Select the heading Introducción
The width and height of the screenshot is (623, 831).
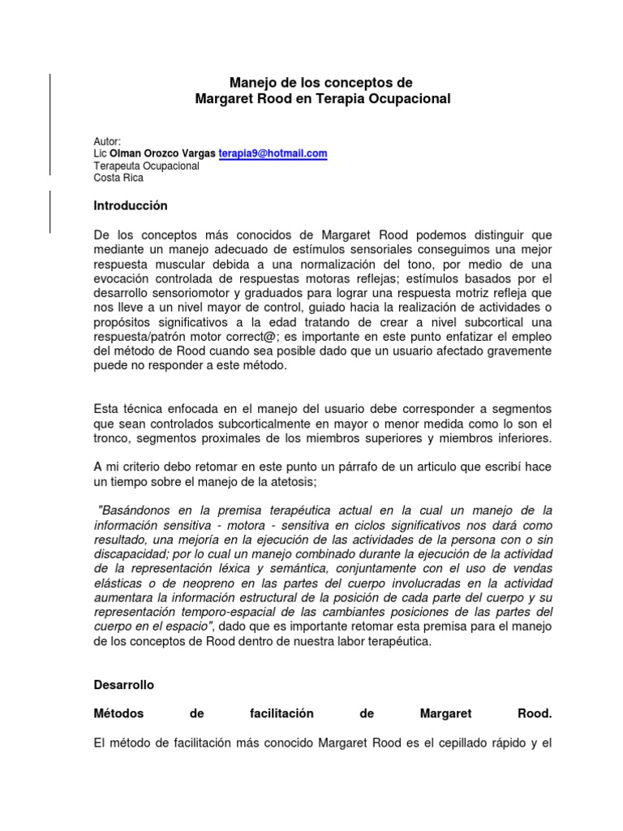(x=131, y=206)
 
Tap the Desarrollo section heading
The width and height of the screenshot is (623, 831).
(x=124, y=685)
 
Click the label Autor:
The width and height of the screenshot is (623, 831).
(x=107, y=141)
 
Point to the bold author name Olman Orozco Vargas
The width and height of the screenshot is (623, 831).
(x=163, y=153)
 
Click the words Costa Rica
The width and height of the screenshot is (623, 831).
(x=118, y=178)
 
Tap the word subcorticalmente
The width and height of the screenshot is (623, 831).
(x=244, y=424)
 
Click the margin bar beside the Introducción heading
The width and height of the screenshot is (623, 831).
(x=51, y=211)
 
